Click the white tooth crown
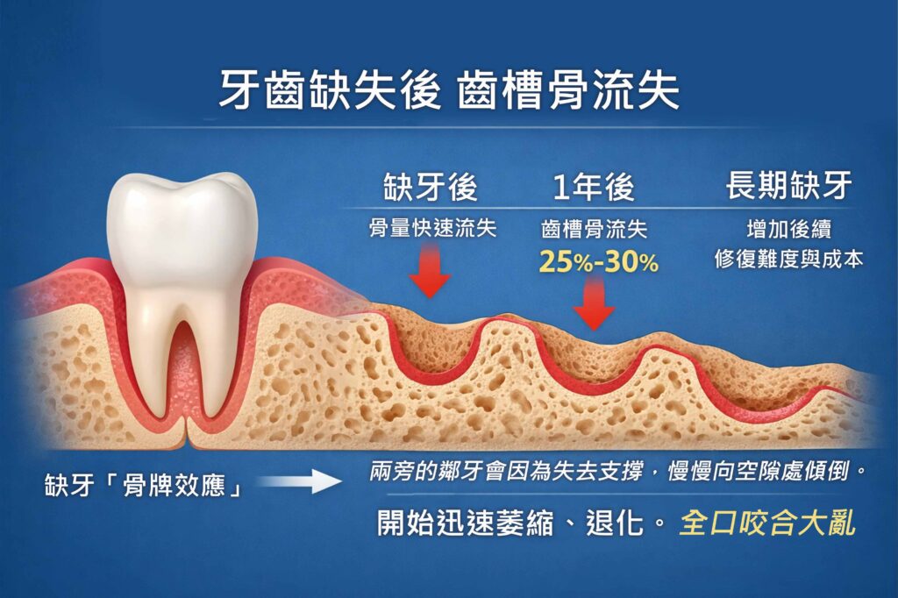point(181,224)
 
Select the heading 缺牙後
point(430,186)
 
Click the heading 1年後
point(594,187)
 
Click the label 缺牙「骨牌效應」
point(144,485)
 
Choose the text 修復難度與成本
point(788,260)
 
